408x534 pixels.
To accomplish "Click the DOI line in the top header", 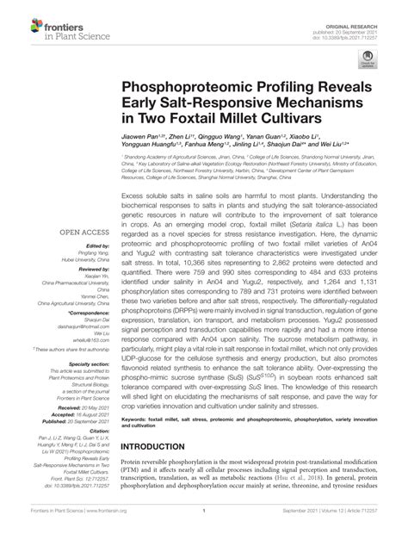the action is (x=374, y=19).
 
